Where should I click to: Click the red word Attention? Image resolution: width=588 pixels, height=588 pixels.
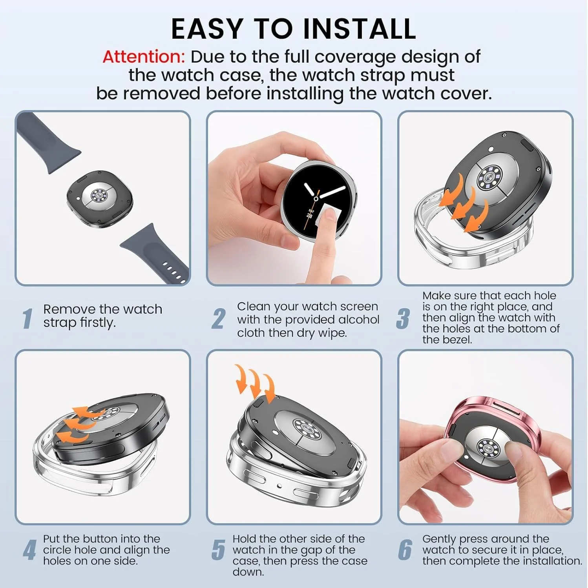tap(143, 57)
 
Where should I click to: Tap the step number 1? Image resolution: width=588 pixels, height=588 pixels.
tap(27, 318)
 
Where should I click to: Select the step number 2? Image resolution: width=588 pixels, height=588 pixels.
tap(219, 319)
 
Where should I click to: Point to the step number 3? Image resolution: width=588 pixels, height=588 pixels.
tap(403, 318)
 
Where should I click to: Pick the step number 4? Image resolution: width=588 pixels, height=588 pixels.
tap(29, 550)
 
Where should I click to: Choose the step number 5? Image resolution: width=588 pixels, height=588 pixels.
tap(219, 550)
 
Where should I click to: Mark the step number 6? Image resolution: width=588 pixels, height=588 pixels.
tap(405, 550)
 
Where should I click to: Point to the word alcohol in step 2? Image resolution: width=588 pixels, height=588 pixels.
tap(358, 319)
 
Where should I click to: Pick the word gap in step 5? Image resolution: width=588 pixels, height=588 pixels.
tap(309, 550)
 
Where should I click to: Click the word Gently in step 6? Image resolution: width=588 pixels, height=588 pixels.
tap(439, 540)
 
